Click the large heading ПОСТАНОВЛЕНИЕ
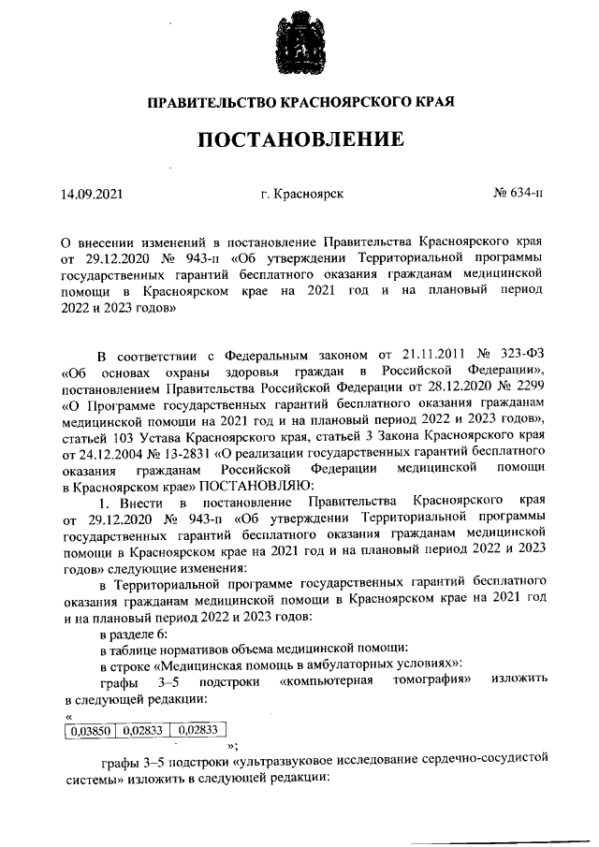299,140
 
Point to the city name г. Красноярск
303,195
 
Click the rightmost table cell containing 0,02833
198,731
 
